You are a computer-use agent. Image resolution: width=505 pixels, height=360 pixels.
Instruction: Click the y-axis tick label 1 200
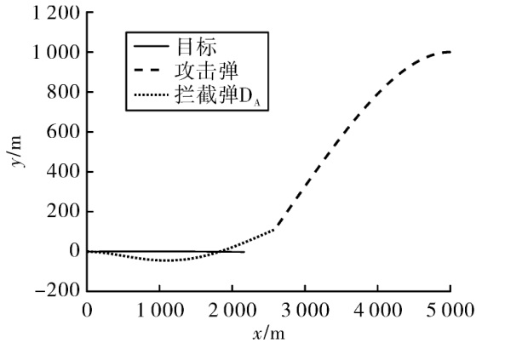pyautogui.click(x=55, y=14)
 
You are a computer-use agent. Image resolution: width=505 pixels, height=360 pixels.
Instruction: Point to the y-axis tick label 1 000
pyautogui.click(x=55, y=52)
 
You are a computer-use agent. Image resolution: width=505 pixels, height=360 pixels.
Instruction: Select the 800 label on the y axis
pyautogui.click(x=63, y=92)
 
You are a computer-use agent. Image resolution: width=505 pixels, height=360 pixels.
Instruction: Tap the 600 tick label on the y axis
pyautogui.click(x=63, y=132)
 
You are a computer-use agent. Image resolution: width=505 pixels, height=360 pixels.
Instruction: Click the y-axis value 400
pyautogui.click(x=63, y=172)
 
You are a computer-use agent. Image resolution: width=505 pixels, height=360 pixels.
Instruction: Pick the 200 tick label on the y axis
pyautogui.click(x=63, y=212)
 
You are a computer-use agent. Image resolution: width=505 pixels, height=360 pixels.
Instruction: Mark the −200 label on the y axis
pyautogui.click(x=57, y=291)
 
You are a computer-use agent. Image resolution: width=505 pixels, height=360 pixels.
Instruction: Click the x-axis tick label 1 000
pyautogui.click(x=160, y=311)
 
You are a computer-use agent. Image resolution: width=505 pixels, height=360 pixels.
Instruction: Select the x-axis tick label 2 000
pyautogui.click(x=232, y=311)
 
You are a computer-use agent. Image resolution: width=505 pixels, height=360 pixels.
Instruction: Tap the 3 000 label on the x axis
pyautogui.click(x=306, y=311)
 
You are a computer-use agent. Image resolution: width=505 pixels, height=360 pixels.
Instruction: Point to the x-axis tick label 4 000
pyautogui.click(x=378, y=311)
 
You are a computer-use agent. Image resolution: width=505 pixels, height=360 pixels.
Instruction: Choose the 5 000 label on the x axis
pyautogui.click(x=450, y=311)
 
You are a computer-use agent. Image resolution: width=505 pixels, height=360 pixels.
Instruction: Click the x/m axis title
pyautogui.click(x=269, y=334)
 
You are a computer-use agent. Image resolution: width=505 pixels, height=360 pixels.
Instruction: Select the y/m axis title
pyautogui.click(x=15, y=151)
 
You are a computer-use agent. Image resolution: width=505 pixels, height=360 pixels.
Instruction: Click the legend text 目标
pyautogui.click(x=197, y=47)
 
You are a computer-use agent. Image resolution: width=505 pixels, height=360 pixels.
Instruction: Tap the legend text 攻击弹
pyautogui.click(x=206, y=71)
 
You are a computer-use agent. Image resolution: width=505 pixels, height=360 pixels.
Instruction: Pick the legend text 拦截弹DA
pyautogui.click(x=218, y=95)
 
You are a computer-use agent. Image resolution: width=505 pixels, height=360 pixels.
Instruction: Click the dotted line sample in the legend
pyautogui.click(x=152, y=95)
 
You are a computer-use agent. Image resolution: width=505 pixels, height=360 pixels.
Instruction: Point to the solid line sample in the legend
pyautogui.click(x=152, y=47)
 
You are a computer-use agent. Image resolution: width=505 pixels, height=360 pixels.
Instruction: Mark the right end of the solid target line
pyautogui.click(x=244, y=252)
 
